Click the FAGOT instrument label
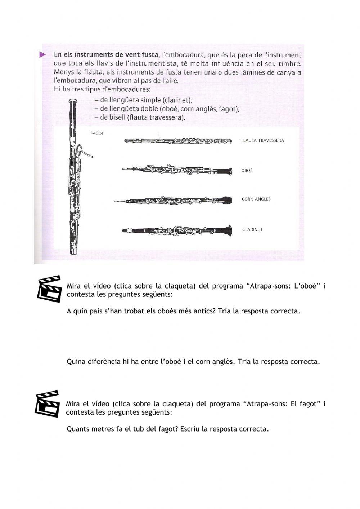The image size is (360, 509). tap(97, 133)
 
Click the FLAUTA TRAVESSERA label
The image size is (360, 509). tap(262, 140)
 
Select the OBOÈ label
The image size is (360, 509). tap(247, 170)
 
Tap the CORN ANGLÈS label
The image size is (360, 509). tap(256, 199)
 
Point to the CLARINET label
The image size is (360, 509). tap(252, 229)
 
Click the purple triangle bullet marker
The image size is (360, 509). tap(42, 55)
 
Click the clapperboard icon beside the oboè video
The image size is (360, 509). tap(49, 289)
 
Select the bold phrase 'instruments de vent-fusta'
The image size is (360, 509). tap(116, 55)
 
